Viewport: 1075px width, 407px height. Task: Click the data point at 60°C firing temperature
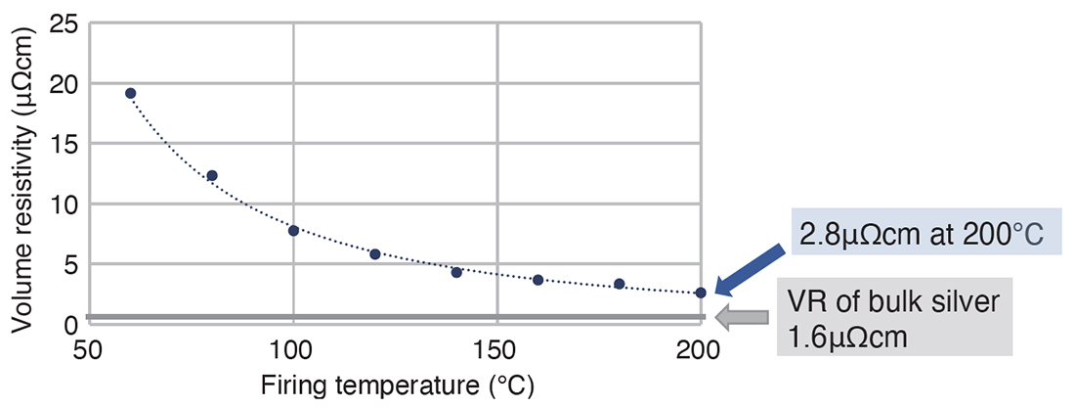coord(130,93)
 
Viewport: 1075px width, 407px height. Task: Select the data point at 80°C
coord(212,176)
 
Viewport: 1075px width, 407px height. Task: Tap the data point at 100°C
coord(293,231)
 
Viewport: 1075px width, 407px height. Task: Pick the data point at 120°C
coord(375,254)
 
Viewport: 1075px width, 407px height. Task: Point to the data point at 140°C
coord(456,273)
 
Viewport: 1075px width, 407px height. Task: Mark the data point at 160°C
coord(538,280)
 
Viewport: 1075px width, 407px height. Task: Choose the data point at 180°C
coord(619,284)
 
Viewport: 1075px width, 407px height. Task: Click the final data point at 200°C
coord(700,294)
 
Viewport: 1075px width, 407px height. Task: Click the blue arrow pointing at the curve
coord(750,268)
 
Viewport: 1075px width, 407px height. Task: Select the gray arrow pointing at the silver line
coord(741,317)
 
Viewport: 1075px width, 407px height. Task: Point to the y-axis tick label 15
coord(64,144)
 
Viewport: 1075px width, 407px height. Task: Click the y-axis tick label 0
coord(70,324)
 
